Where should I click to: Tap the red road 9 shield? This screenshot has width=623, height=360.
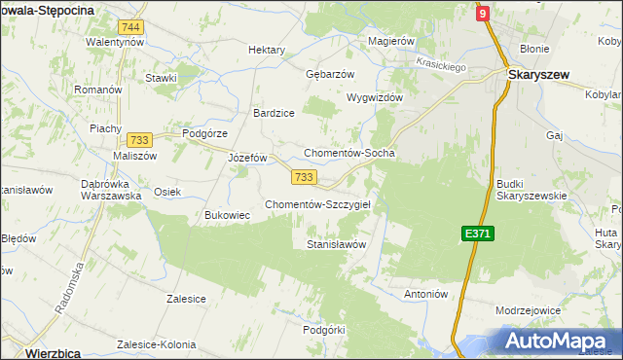(482, 14)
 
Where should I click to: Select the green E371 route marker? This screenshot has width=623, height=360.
(477, 234)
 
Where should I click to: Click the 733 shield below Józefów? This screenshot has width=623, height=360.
(303, 176)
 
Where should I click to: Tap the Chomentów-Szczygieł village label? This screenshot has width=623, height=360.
(324, 204)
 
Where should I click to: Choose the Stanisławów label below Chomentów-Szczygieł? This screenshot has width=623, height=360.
(336, 245)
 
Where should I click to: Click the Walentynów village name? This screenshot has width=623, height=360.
(115, 43)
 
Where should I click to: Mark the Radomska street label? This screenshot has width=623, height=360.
(65, 291)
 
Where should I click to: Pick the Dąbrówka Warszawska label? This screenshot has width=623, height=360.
(112, 187)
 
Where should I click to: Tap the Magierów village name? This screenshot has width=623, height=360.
(392, 42)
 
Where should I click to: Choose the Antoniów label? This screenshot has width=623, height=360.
(424, 293)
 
